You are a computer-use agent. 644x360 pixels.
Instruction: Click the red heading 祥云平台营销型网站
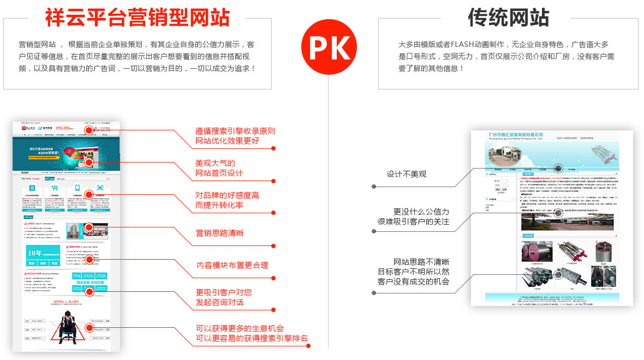(x=137, y=17)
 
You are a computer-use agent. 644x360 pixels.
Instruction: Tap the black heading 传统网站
(x=508, y=17)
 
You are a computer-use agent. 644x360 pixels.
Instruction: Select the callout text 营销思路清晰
(x=220, y=233)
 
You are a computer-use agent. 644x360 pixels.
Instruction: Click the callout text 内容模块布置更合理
(x=232, y=265)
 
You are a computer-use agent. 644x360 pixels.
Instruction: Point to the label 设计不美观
(x=407, y=174)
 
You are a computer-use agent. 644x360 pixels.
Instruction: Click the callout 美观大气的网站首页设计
(x=219, y=168)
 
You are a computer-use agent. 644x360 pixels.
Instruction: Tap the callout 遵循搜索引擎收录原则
(x=235, y=131)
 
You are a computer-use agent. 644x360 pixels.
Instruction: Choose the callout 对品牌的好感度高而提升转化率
(x=227, y=200)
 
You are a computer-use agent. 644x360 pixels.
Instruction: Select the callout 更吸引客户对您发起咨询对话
(x=224, y=297)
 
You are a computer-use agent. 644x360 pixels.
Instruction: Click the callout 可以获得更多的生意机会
(x=240, y=328)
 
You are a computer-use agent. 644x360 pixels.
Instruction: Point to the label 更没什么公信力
(x=421, y=212)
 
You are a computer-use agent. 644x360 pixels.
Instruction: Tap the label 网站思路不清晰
(x=421, y=262)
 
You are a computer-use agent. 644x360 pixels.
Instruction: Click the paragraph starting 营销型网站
(x=136, y=56)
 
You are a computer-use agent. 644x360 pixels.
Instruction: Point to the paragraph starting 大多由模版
(x=506, y=56)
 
